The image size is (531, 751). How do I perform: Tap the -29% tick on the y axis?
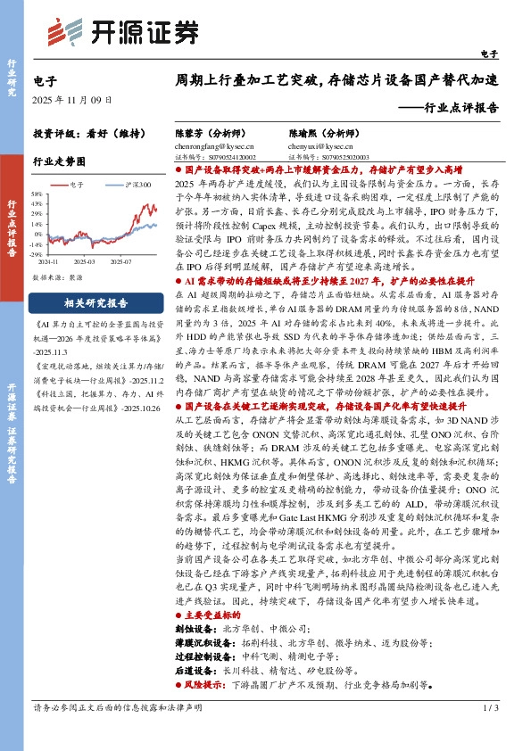(40, 253)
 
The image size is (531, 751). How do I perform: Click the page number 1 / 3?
(488, 731)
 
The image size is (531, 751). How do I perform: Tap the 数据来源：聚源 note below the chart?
(59, 277)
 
